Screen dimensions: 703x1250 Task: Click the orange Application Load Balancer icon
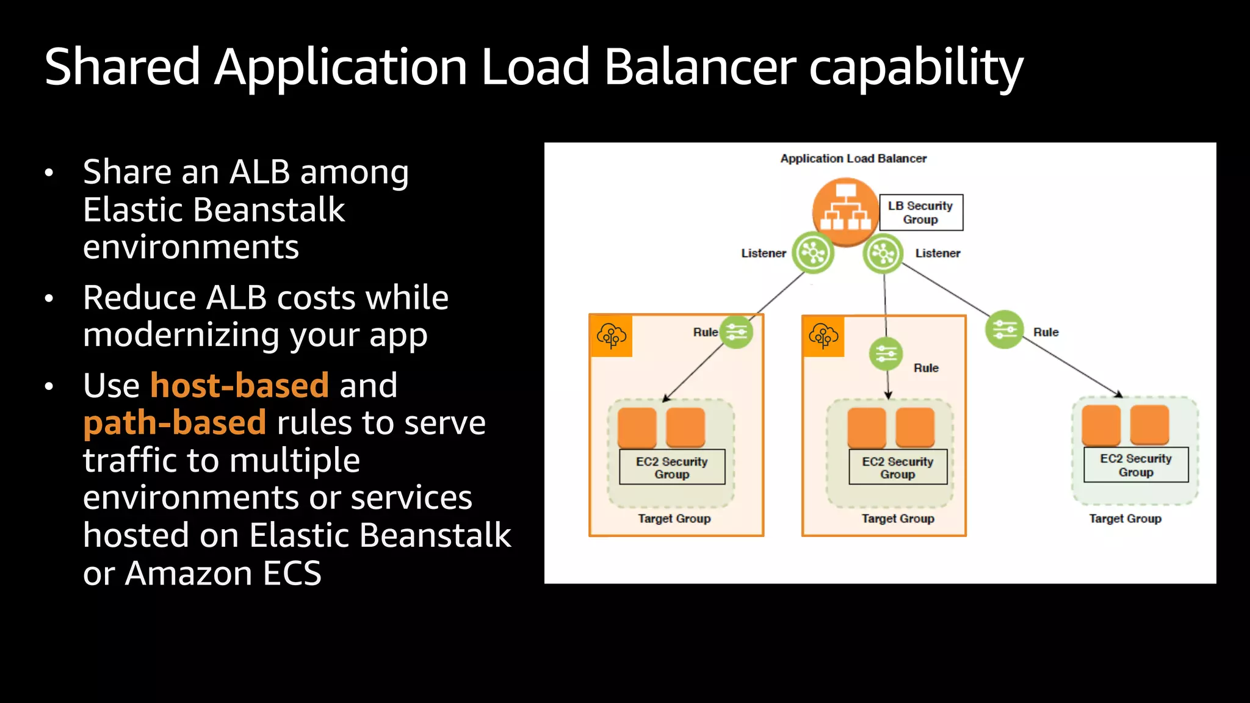click(x=845, y=211)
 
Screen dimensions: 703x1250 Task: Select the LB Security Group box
click(x=920, y=212)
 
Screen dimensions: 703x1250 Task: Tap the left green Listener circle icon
click(x=813, y=252)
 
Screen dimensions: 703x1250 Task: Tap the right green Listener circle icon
click(x=883, y=253)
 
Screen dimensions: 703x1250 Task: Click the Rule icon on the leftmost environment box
click(x=736, y=332)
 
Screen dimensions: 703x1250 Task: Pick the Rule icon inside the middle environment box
click(x=886, y=353)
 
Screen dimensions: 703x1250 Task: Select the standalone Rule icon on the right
click(x=1004, y=330)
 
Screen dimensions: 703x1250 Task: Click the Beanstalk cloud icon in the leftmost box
click(x=612, y=336)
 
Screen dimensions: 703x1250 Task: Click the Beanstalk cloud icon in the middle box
click(x=823, y=336)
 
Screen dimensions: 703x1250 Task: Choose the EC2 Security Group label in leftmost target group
click(x=671, y=467)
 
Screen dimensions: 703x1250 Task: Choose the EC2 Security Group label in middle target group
click(x=897, y=467)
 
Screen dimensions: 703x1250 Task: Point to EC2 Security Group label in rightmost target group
click(x=1135, y=465)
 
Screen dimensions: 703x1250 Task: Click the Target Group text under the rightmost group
click(x=1125, y=519)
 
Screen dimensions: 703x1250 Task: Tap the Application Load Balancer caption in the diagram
click(x=853, y=159)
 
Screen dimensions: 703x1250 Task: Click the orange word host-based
click(x=239, y=386)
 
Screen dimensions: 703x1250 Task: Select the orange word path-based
click(x=175, y=423)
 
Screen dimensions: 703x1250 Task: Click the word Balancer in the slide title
click(x=699, y=67)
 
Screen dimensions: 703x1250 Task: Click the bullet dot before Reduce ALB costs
click(x=49, y=299)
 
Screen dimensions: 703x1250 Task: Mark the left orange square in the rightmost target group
click(x=1100, y=424)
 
